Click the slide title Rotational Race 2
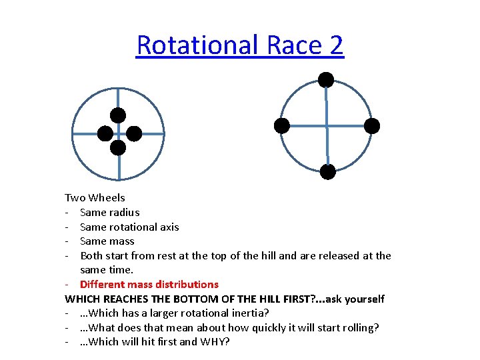click(240, 45)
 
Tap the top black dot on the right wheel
click(326, 80)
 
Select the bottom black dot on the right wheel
click(327, 172)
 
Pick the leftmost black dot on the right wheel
click(282, 125)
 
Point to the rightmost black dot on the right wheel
click(372, 125)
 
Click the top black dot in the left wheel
click(118, 115)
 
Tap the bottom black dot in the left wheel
click(118, 148)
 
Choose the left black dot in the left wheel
click(105, 133)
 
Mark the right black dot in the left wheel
click(134, 133)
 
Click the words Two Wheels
click(95, 197)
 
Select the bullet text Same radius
click(109, 212)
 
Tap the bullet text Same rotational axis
click(129, 227)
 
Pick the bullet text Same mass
click(107, 241)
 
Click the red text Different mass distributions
click(149, 284)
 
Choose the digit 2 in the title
click(336, 45)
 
